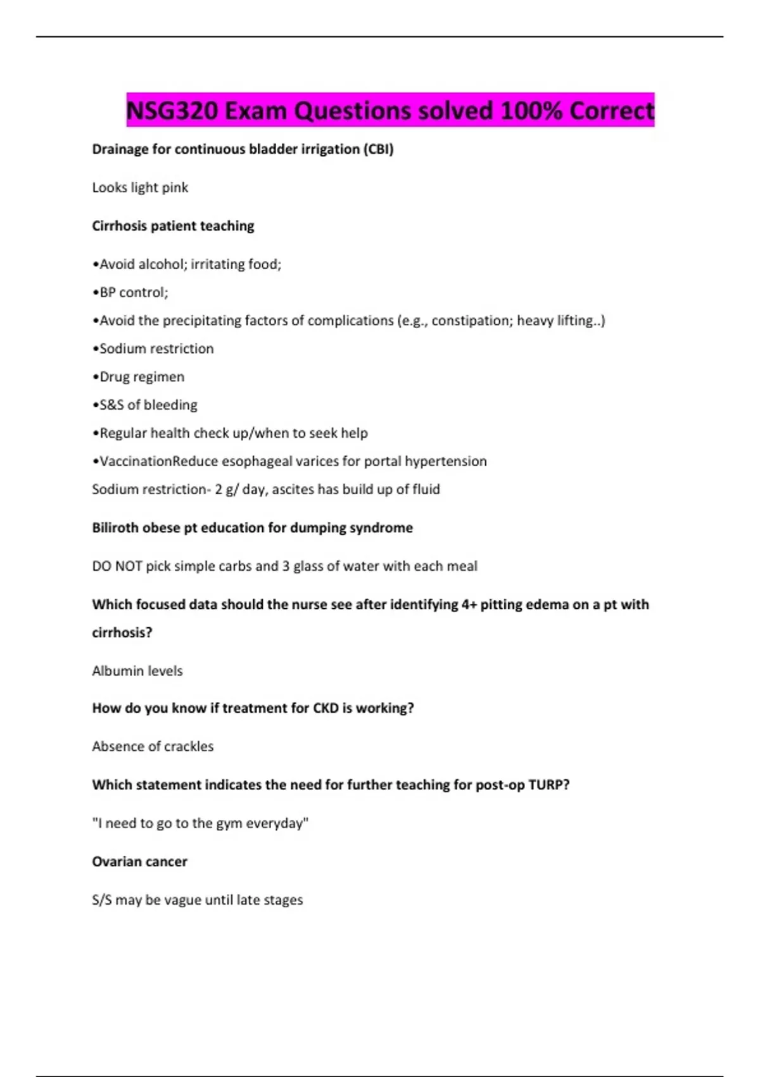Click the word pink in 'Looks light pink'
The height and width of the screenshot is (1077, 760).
(x=174, y=188)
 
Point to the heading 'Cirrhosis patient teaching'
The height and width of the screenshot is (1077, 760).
(x=173, y=226)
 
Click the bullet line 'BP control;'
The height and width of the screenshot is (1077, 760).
(x=130, y=293)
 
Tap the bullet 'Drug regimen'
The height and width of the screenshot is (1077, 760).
(x=139, y=377)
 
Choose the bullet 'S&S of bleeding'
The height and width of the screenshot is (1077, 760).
(x=145, y=405)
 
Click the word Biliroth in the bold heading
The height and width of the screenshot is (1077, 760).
(x=113, y=528)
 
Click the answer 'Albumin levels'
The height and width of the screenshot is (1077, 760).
(x=137, y=671)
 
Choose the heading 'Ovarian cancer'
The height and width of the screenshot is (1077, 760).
(x=139, y=862)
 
